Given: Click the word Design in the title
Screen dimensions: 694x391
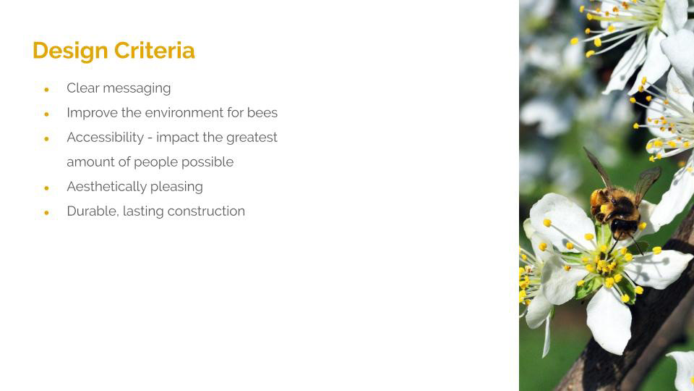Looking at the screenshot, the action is (70, 51).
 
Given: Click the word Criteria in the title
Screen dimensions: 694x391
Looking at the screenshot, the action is (155, 50).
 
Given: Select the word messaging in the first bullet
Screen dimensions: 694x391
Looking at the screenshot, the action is (137, 88).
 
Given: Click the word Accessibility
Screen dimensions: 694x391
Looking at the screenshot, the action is (106, 138).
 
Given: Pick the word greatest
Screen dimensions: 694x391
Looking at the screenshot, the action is (252, 138).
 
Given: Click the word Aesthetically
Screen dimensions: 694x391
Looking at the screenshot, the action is (107, 187).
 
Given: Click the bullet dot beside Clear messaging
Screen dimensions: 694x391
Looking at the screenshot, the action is (46, 90).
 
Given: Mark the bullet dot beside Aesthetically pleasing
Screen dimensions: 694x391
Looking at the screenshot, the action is (46, 188).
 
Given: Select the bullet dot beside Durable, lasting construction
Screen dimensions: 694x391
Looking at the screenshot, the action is (46, 213).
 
